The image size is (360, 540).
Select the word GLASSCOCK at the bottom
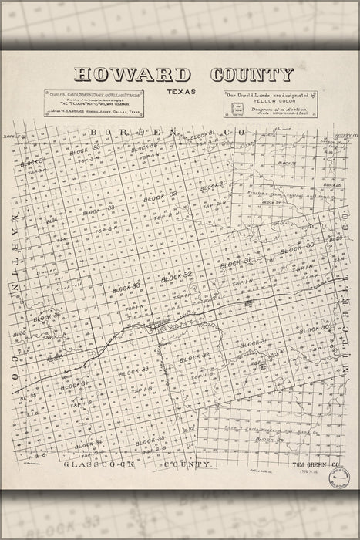(x=98, y=466)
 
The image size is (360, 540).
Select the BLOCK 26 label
(x=332, y=185)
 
